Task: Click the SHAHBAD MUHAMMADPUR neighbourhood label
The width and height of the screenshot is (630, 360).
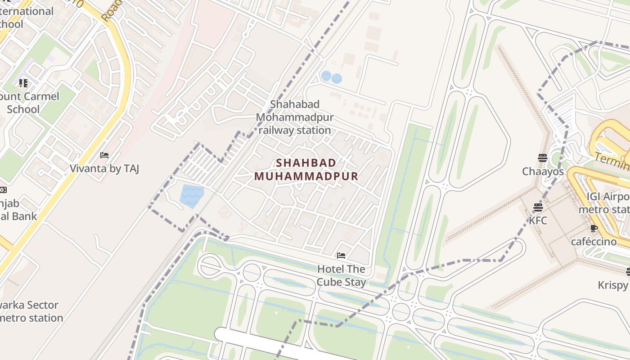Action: (x=306, y=169)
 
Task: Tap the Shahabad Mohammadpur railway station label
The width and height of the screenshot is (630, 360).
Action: (x=295, y=117)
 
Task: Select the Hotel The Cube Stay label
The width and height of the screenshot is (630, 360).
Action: (x=341, y=275)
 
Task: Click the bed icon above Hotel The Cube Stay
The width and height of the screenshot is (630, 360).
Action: (x=341, y=256)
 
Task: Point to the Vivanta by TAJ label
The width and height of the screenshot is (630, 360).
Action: (x=104, y=169)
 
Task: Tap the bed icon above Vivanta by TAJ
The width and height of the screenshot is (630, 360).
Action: (x=104, y=155)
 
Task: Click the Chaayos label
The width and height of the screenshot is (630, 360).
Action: (x=543, y=171)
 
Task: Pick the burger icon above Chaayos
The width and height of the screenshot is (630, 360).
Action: (x=542, y=158)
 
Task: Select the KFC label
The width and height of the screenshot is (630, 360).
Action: (x=538, y=220)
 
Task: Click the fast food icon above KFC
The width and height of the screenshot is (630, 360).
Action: (x=538, y=207)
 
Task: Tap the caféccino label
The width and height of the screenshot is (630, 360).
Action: (x=594, y=242)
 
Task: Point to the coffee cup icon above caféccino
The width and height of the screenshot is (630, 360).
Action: (x=594, y=228)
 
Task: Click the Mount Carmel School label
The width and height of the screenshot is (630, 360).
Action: (x=29, y=103)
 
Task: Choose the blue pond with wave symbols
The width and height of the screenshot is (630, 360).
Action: (x=192, y=196)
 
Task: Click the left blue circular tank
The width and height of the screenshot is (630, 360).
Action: (x=326, y=76)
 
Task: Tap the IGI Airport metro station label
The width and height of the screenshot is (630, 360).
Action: (x=605, y=203)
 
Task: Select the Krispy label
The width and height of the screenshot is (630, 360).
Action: (x=612, y=285)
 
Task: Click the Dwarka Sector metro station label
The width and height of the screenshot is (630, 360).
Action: (x=29, y=311)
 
